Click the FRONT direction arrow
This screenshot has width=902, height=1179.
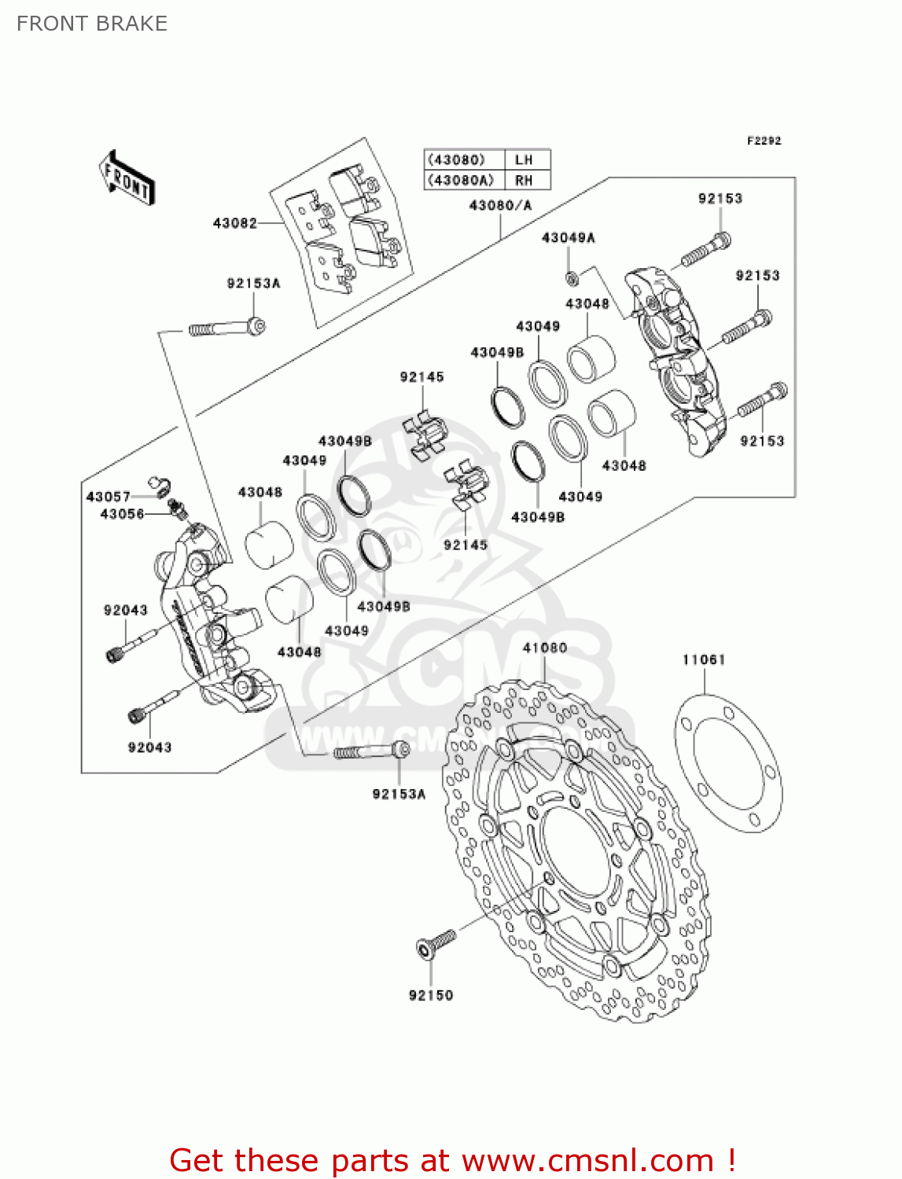coord(126,178)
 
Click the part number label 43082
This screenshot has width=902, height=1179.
coord(234,223)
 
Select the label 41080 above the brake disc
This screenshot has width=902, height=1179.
coord(544,648)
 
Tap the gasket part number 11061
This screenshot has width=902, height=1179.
coord(703,659)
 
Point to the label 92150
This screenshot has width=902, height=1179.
coord(431,995)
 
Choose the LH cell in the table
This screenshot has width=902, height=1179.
coord(524,160)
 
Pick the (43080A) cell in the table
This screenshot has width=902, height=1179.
coord(461,180)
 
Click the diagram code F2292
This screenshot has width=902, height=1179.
coord(764,141)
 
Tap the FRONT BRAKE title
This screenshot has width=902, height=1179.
coord(92,24)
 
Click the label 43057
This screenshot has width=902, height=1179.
coord(108,497)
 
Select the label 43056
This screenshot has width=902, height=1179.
coord(122,514)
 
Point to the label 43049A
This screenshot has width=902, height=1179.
coord(568,237)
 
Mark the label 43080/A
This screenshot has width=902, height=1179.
coord(500,206)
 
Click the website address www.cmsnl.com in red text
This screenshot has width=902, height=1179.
coord(587,1160)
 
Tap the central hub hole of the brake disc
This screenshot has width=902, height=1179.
coord(583,854)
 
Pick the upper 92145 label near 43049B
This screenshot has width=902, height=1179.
coord(422,377)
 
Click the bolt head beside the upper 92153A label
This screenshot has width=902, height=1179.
coord(256,325)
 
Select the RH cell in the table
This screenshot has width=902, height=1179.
coord(524,180)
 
